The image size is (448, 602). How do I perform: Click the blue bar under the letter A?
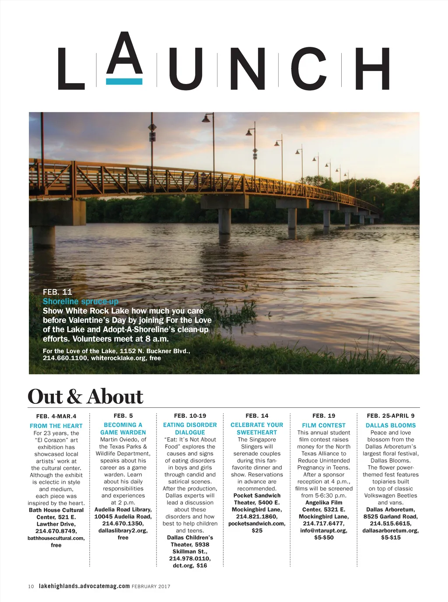pos(124,81)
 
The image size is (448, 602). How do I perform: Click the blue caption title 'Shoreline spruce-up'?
pos(80,301)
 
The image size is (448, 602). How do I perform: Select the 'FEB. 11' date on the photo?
pos(57,292)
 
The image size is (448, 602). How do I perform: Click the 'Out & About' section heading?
pos(85,396)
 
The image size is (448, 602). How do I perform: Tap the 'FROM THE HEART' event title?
pos(56,426)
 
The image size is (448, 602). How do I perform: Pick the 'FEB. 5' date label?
pos(123,416)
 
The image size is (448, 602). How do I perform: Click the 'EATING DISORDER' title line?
pos(190,425)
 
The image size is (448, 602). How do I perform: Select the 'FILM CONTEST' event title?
pos(324,425)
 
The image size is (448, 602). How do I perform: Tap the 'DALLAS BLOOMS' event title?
pos(391,425)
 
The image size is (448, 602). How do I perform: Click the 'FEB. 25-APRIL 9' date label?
pos(391,416)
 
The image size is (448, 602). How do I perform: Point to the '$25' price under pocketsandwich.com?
pos(257,531)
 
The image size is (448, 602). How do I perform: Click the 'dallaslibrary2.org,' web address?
pos(123,531)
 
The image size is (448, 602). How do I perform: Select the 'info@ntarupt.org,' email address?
pos(324,531)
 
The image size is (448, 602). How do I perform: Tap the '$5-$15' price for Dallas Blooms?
pos(391,538)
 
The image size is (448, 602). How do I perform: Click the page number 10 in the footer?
pos(31,587)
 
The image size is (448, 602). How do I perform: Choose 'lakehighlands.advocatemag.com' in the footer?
pos(84,586)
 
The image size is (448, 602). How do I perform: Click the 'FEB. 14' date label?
pos(257,416)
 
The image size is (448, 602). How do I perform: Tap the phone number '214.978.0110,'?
pos(190,559)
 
